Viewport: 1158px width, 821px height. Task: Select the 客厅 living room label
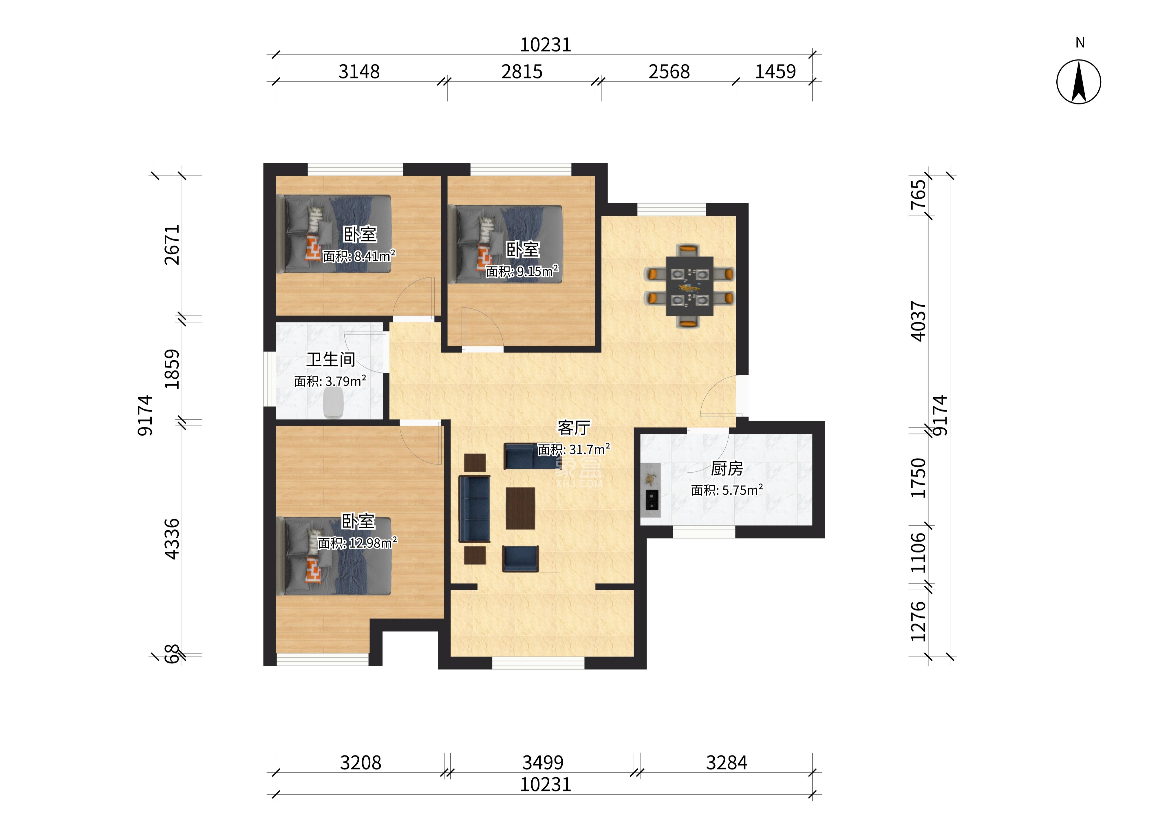574,428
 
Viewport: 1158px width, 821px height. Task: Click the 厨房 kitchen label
727,469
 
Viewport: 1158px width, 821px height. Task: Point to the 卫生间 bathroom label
331,359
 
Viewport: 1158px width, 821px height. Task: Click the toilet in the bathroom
333,403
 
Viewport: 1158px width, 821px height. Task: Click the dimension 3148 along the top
359,72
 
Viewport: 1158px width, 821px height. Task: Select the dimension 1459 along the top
775,72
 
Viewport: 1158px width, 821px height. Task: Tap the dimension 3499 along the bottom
543,762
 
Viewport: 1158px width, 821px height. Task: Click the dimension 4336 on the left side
172,539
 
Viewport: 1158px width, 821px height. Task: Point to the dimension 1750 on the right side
919,478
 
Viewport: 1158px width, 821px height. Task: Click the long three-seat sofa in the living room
474,509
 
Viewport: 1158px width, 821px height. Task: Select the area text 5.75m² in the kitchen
727,490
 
